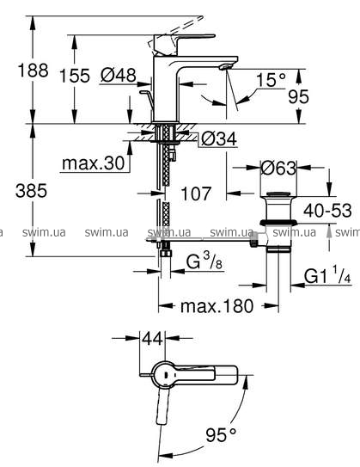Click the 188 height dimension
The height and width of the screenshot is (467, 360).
(x=33, y=71)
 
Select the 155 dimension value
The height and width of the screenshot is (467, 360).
(x=75, y=76)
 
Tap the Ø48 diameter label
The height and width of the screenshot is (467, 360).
(x=118, y=75)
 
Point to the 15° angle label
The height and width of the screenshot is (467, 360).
(x=271, y=80)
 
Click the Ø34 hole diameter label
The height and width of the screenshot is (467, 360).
(x=219, y=138)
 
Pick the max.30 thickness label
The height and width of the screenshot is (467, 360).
(x=94, y=163)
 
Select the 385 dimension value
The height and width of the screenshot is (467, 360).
(x=31, y=191)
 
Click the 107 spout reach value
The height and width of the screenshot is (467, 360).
(x=196, y=194)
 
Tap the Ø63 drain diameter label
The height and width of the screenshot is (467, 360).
(x=278, y=168)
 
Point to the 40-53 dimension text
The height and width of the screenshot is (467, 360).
(x=327, y=211)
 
